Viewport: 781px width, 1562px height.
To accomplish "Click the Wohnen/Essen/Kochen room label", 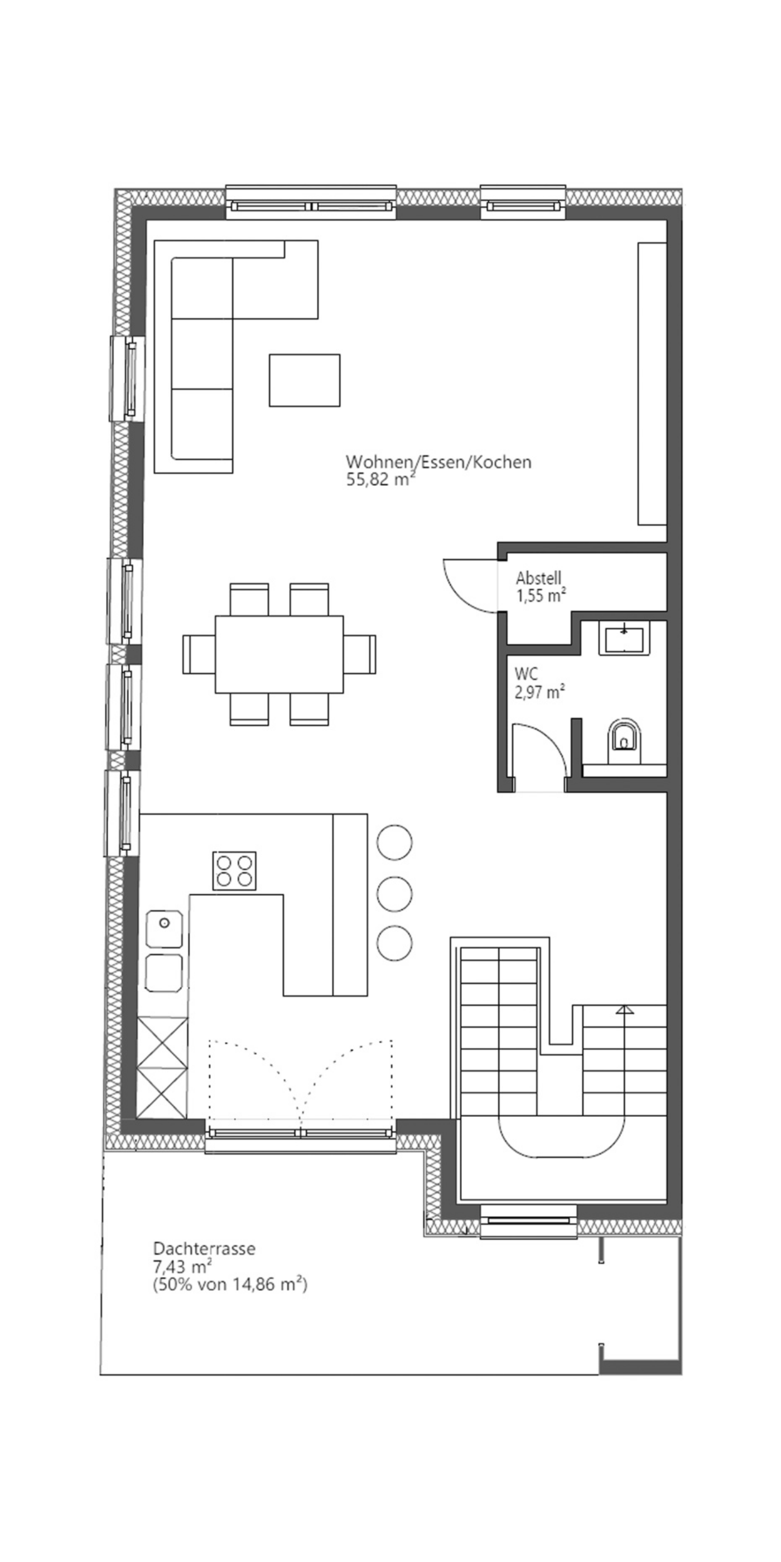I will point(438,462).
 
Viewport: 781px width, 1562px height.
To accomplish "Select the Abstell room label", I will point(538,577).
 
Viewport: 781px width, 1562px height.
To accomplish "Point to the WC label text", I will point(526,674).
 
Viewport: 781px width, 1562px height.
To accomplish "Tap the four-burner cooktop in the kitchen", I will point(234,870).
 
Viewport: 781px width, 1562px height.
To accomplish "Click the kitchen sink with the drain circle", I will point(163,928).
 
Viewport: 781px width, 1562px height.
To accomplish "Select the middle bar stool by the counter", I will point(394,893).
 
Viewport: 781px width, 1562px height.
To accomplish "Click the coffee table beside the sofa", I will point(305,380).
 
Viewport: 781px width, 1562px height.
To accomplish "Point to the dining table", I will point(279,654).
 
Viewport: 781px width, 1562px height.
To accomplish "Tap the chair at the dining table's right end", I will point(360,654).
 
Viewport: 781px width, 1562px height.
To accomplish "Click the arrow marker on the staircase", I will point(623,1010).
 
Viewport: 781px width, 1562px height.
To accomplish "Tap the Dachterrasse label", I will point(204,1248).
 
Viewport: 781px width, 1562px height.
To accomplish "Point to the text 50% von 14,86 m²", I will point(230,1284).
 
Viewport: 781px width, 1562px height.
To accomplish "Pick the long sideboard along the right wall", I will point(652,383).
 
